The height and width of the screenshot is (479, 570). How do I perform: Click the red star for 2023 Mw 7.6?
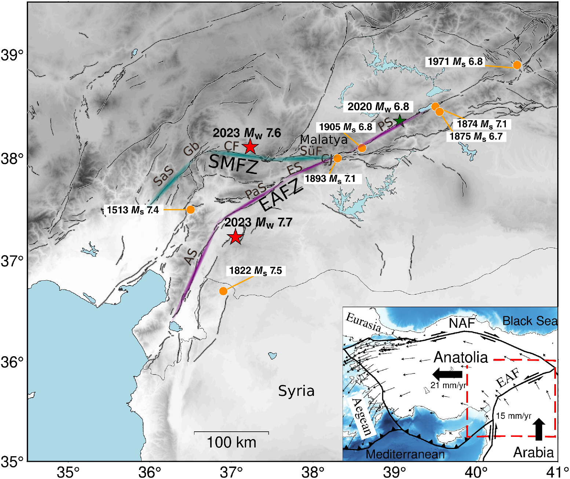[250, 146]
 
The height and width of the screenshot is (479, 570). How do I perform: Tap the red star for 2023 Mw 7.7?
[235, 237]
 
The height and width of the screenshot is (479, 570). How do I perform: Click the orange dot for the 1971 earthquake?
[517, 65]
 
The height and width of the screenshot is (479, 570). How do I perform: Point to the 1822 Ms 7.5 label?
[256, 271]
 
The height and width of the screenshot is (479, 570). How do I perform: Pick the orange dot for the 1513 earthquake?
[190, 210]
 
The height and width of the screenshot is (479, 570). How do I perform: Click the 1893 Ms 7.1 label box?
[330, 179]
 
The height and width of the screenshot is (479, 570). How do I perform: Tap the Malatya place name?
[324, 140]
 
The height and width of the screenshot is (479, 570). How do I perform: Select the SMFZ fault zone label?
[233, 164]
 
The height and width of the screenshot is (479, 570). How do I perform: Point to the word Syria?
[296, 391]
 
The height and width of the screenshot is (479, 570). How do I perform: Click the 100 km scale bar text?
[231, 442]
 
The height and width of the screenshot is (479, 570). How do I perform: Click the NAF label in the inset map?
[462, 323]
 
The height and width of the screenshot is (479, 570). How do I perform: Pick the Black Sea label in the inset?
[530, 321]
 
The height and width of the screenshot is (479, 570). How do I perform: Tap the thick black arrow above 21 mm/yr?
[447, 374]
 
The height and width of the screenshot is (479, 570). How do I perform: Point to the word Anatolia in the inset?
[461, 357]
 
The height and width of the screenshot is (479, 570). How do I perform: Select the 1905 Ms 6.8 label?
[346, 127]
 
